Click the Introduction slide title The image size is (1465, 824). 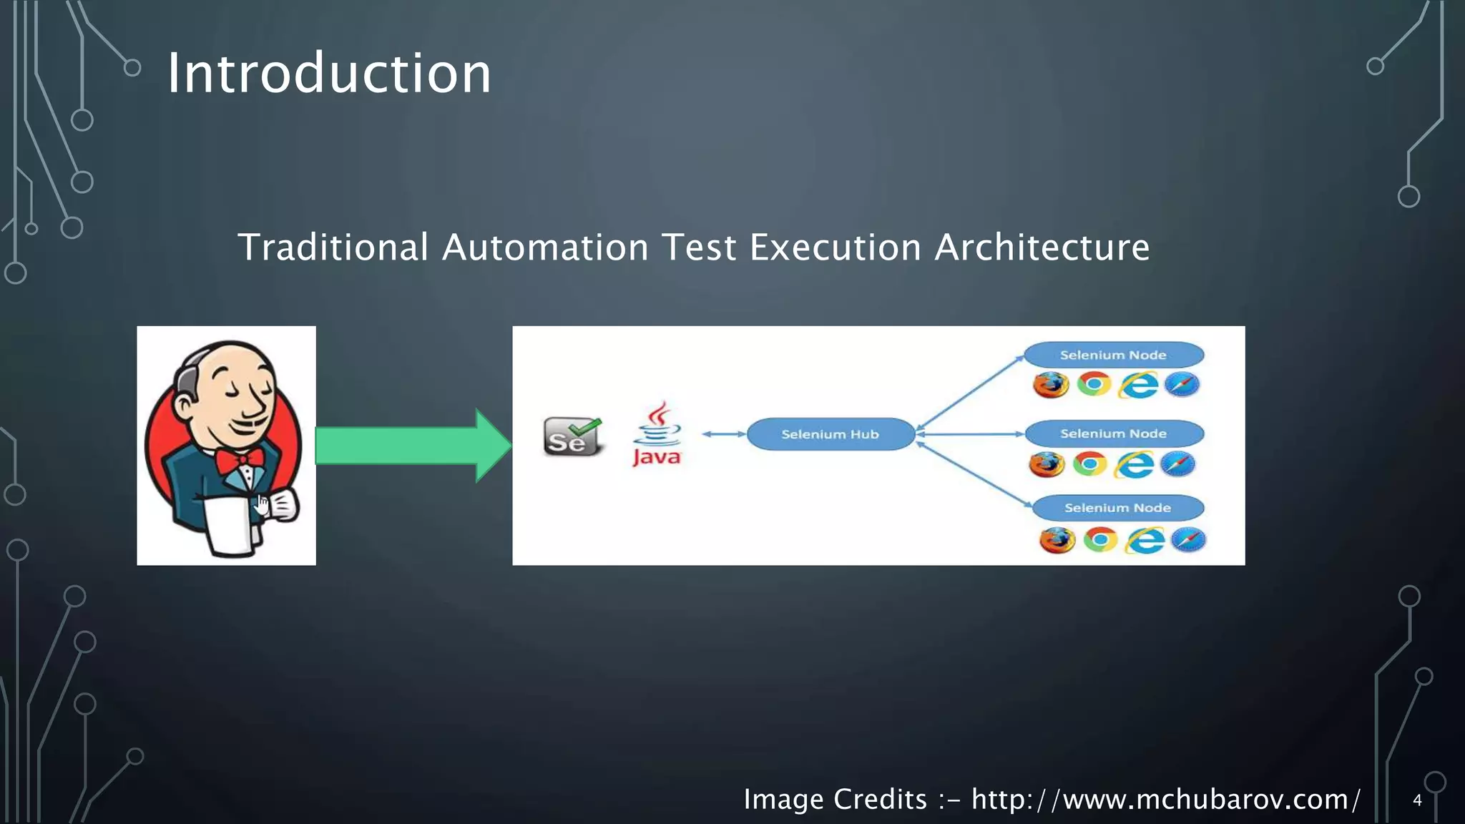coord(329,74)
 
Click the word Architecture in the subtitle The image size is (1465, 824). coord(1042,248)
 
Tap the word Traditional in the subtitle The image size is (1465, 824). coord(333,248)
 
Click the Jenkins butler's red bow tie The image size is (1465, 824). coord(240,461)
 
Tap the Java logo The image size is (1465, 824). coord(657,436)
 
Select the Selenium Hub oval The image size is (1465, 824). coord(830,434)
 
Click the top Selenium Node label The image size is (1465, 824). coord(1113,355)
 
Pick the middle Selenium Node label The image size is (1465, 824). coord(1113,433)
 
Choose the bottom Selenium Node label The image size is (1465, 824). coord(1117,508)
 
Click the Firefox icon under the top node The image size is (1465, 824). coord(1051,385)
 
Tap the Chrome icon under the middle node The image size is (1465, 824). coord(1089,464)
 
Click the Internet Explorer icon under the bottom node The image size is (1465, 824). coord(1145,540)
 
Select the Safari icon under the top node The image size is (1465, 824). coord(1181,385)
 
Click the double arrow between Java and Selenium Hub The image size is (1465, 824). coord(724,434)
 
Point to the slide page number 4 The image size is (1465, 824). coord(1417,800)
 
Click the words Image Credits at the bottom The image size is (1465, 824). coord(835,799)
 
